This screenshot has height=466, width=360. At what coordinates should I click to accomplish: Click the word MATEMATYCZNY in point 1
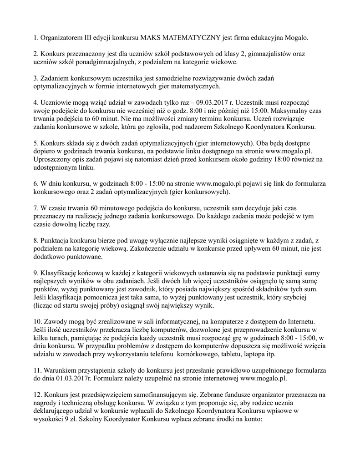201,37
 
